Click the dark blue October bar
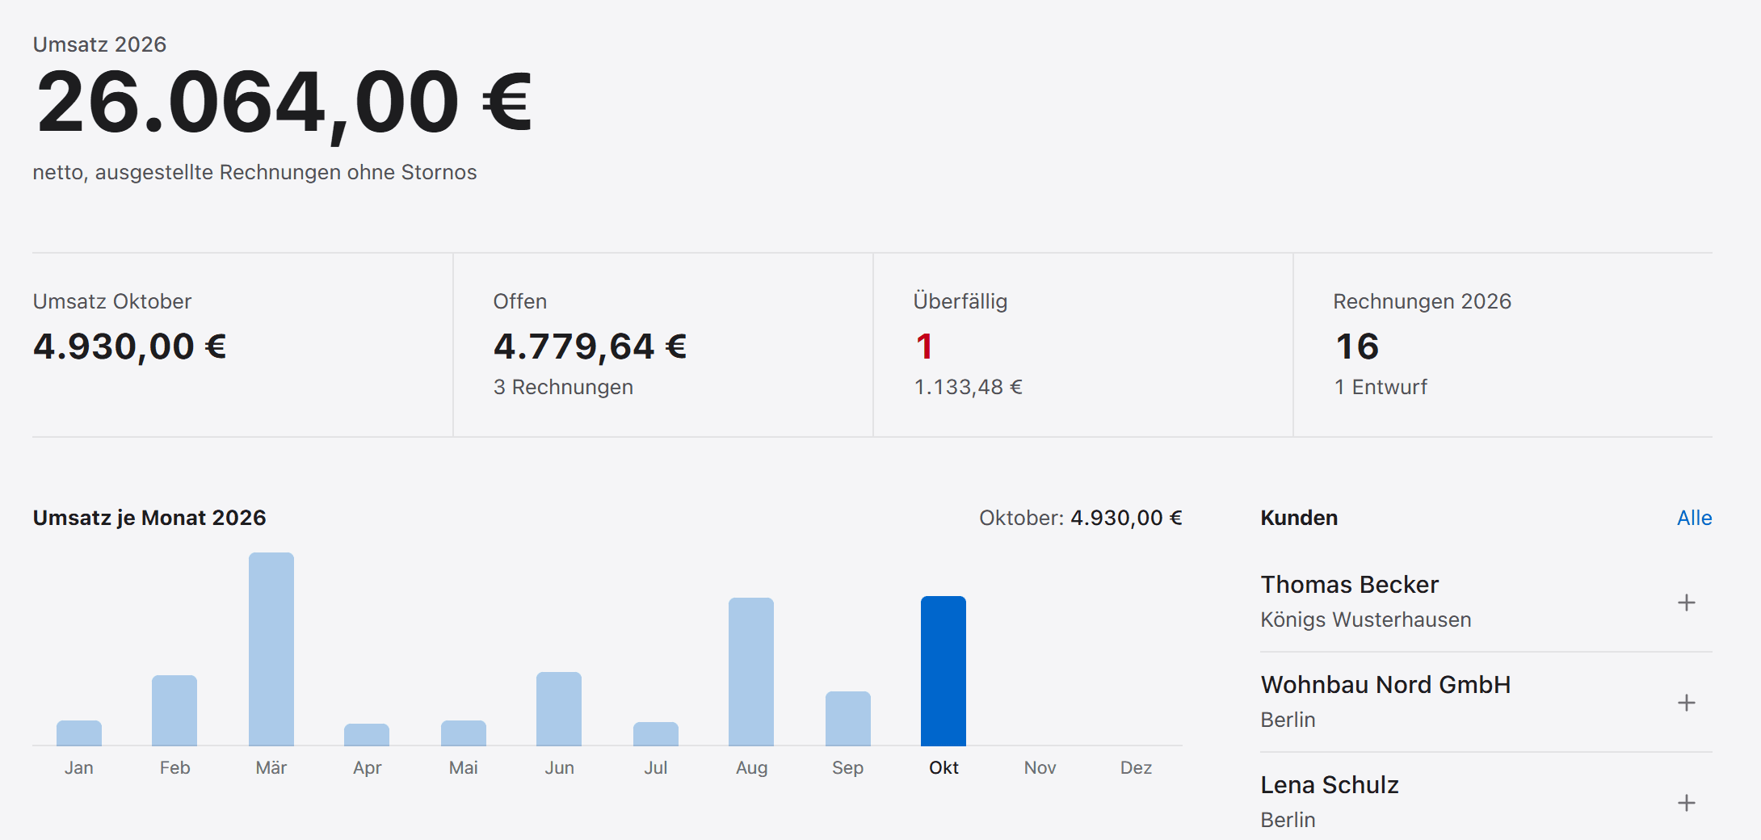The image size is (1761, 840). point(944,670)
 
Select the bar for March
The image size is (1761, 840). point(271,649)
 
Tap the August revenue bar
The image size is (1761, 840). point(751,671)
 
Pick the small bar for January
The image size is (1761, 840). point(79,733)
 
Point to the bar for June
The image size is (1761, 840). point(559,708)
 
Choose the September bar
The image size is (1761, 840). point(848,718)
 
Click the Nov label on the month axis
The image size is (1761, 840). point(1040,767)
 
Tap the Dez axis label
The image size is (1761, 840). point(1136,767)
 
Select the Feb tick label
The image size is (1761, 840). point(174,767)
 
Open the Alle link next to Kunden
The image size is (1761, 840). point(1694,518)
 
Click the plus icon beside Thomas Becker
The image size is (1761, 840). point(1686,603)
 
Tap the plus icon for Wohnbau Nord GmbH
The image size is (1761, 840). point(1686,703)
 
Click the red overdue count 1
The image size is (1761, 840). point(924,346)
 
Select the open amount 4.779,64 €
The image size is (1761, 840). point(590,346)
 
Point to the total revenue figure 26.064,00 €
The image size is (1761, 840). point(284,103)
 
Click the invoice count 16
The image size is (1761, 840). point(1357,346)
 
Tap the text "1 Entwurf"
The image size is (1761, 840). point(1381,387)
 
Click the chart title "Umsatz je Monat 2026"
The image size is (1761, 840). point(149,518)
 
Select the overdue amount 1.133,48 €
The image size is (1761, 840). point(968,387)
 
